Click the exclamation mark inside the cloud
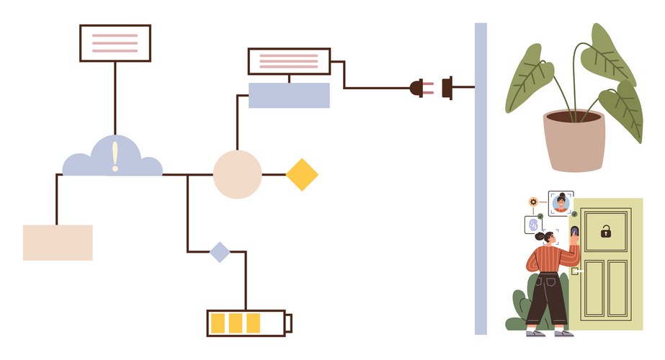point(115,156)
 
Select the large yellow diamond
point(302,174)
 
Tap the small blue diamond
point(219,252)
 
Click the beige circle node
point(237,174)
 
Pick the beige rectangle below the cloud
point(58,242)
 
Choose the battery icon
point(249,323)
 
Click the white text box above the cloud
point(115,43)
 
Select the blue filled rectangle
point(289,95)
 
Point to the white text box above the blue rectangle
point(289,61)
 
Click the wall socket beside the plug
point(447,88)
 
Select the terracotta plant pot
point(574,140)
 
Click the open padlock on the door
point(606,231)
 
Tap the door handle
point(574,271)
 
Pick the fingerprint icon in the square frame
point(533,225)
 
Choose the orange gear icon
point(533,202)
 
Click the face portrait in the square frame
point(561,204)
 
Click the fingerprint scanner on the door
point(575,232)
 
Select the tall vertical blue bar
point(481,179)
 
